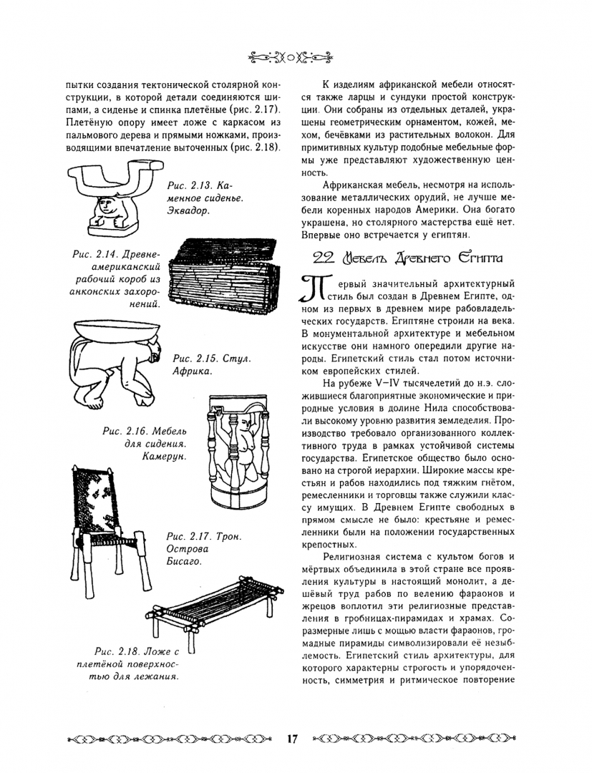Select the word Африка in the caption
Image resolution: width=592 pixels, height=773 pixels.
coord(191,371)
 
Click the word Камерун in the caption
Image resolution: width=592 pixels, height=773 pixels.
coord(163,457)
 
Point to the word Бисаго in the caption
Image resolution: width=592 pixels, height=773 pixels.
coord(185,561)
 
